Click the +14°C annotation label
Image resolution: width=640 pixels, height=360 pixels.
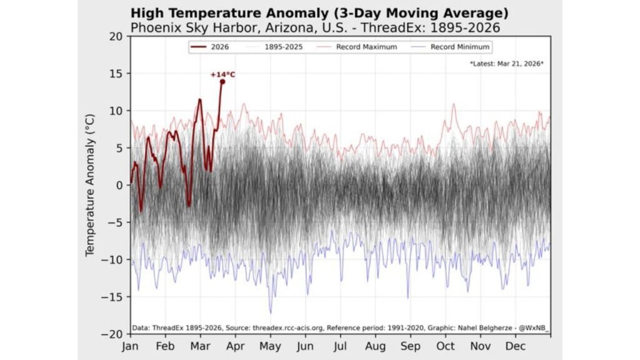coord(223,75)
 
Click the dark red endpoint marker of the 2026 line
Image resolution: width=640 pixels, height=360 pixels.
coord(222,82)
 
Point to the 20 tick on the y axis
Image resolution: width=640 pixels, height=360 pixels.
coord(117,36)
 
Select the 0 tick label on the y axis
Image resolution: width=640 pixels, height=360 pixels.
coord(120,185)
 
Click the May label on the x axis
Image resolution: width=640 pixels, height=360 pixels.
coord(270,346)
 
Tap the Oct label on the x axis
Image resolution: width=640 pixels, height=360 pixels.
coord(446,346)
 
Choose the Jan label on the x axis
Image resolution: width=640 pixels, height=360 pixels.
coord(130,346)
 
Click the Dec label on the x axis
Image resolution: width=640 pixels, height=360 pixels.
coord(515,346)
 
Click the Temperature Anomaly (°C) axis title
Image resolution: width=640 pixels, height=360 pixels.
coord(90,185)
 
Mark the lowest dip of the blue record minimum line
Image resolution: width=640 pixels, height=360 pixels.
coord(271,312)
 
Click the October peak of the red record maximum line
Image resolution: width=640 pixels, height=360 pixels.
coord(453,104)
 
